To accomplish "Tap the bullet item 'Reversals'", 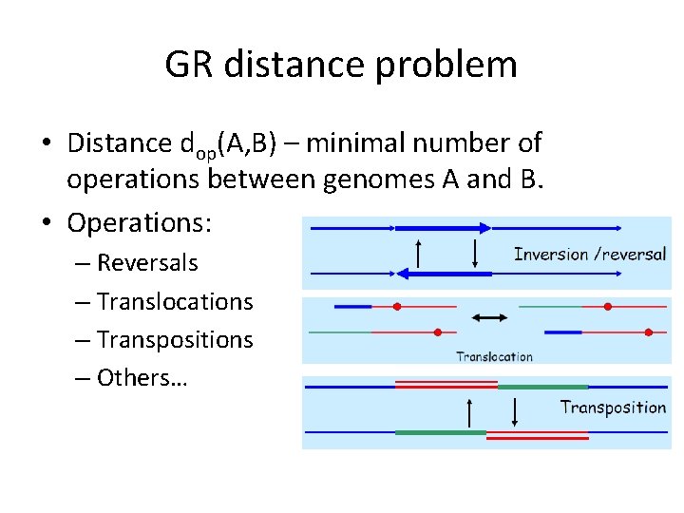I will [x=147, y=262].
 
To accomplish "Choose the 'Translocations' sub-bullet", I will [x=175, y=301].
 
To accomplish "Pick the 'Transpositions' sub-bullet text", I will [x=175, y=339].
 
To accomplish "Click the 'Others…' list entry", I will [x=142, y=377].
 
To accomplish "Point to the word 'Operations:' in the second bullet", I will [x=140, y=224].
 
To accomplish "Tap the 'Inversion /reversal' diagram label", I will [x=589, y=255].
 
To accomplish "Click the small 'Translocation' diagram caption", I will [x=494, y=357].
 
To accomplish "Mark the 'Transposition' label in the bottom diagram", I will [x=613, y=408].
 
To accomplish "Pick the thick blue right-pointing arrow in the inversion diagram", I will [x=443, y=228].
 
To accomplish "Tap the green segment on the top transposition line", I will [x=542, y=388].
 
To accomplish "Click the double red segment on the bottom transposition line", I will [x=537, y=434].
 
